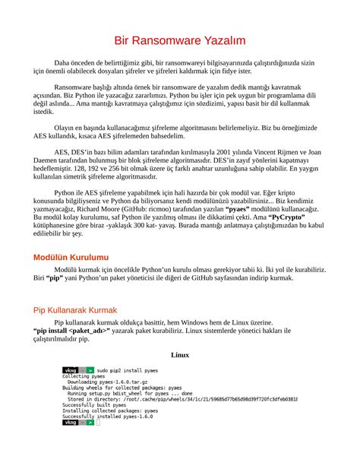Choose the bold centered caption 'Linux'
[x=180, y=354]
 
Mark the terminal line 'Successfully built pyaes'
[x=94, y=405]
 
